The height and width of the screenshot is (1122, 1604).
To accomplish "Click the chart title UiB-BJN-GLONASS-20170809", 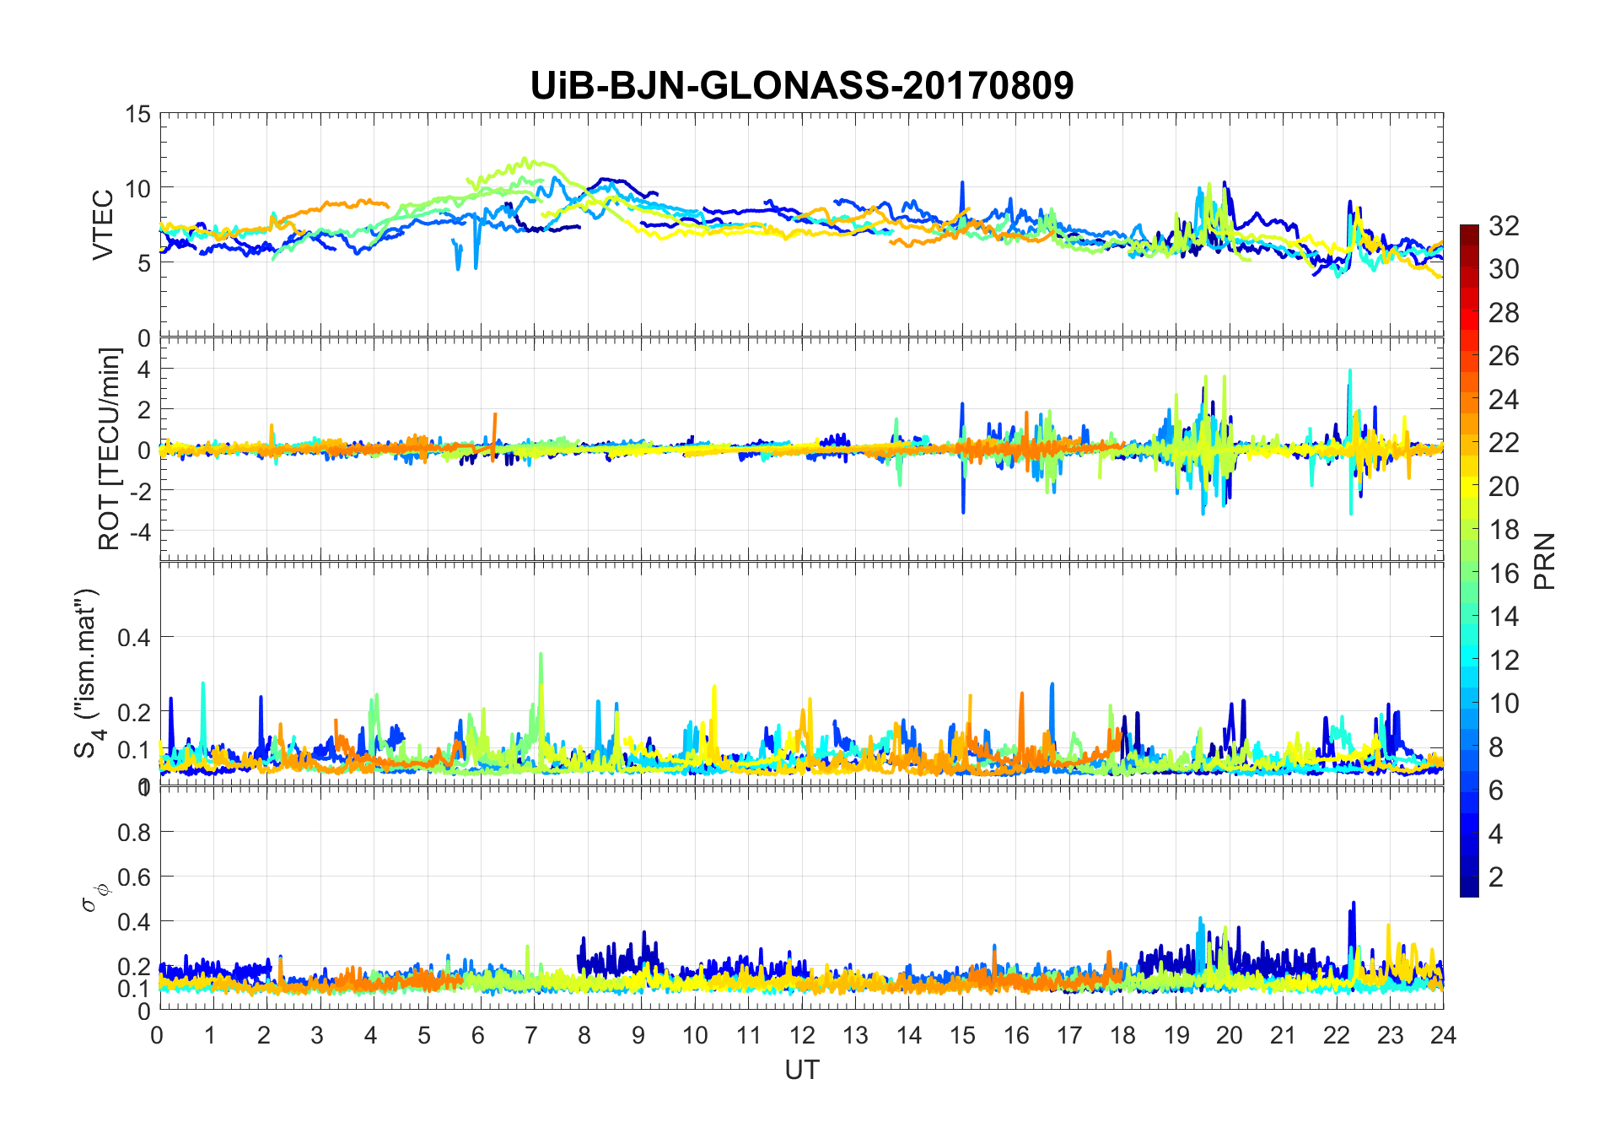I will click(801, 86).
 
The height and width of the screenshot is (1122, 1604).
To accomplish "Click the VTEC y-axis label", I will click(103, 224).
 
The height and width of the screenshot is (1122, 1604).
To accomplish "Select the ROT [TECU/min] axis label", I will click(110, 449).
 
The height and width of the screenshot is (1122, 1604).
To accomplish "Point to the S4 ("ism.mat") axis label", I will click(88, 673).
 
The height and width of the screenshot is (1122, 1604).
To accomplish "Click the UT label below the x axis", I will click(801, 1070).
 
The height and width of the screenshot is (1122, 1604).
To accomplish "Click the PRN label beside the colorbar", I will click(1544, 561).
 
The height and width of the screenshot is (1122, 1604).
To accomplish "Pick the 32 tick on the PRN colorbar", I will click(1504, 226).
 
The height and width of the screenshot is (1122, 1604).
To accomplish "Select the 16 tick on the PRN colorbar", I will click(1504, 574).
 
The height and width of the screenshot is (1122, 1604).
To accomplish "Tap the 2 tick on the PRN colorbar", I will click(1496, 877).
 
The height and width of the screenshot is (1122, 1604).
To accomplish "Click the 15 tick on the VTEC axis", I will click(137, 114).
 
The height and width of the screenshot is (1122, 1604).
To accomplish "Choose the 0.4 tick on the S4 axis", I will click(133, 637).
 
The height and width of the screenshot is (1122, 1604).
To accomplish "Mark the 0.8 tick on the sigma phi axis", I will click(133, 832).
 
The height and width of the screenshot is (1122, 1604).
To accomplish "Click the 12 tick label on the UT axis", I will click(801, 1035).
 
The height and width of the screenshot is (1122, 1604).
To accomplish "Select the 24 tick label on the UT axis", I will click(1443, 1035).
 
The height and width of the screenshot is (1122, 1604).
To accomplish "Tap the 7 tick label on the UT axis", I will click(532, 1035).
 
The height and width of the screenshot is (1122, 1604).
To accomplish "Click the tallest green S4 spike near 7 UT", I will click(541, 655).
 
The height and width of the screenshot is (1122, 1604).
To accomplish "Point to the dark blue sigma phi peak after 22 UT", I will click(1354, 904).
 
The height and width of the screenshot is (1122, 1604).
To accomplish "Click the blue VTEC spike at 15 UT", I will click(962, 183).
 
